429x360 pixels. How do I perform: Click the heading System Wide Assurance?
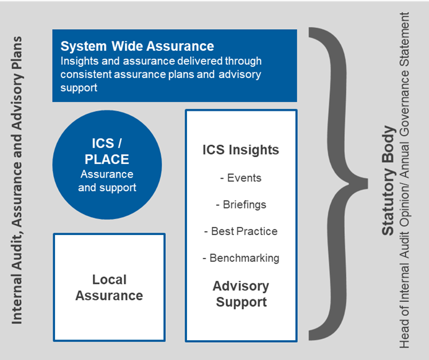137,46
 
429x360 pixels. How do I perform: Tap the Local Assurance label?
109,288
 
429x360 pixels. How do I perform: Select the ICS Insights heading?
241,150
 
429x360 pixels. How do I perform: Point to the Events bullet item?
241,178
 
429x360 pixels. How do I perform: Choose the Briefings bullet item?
241,205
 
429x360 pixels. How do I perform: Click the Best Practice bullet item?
241,231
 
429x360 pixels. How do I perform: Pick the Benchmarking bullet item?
241,258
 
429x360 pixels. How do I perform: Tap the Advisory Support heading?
241,294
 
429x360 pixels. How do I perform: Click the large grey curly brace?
334,179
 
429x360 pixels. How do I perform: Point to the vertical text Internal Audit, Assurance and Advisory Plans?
17,179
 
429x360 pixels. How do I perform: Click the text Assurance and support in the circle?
107,181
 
